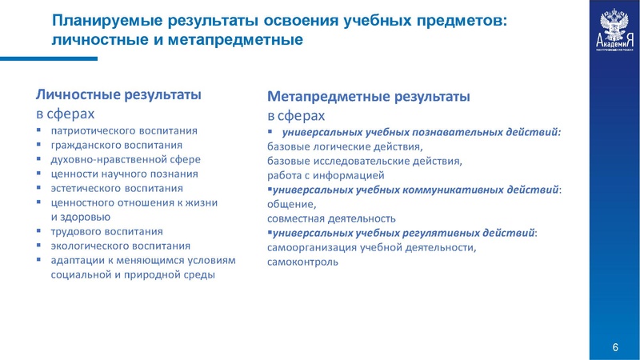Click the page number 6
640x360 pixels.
[x=614, y=346]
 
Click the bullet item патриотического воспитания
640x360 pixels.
[x=123, y=130]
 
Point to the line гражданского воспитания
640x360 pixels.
[x=117, y=145]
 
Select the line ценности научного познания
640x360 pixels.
[x=123, y=174]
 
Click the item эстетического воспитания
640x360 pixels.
[x=117, y=188]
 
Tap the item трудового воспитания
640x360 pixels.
[x=108, y=231]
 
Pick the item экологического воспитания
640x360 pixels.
[x=120, y=246]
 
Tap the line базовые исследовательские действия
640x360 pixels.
[x=364, y=161]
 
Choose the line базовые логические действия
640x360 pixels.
[x=344, y=146]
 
